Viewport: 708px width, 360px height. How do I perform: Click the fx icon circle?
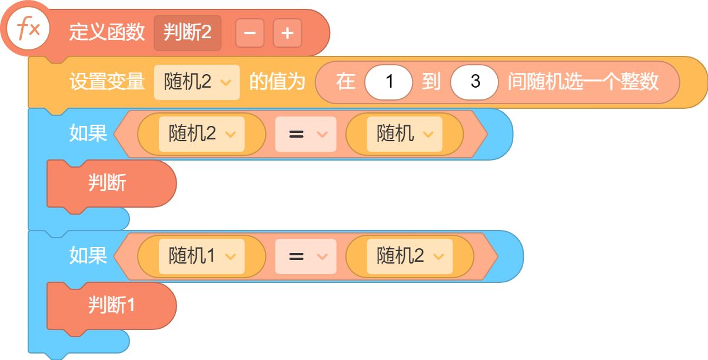[x=28, y=29]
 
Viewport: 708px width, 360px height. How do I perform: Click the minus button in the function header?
[x=250, y=33]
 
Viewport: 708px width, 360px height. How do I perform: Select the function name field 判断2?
[x=187, y=33]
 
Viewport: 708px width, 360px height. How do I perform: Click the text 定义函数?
[x=107, y=32]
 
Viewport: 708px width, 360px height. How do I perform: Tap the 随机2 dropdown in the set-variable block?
[x=197, y=82]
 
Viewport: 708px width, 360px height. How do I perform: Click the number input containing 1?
[x=388, y=82]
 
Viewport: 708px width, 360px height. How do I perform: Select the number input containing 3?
[x=474, y=82]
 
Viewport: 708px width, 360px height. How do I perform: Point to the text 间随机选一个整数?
[x=583, y=82]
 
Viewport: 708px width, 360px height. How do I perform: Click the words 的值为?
[x=277, y=82]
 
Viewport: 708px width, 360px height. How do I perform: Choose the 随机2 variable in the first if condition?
[x=202, y=134]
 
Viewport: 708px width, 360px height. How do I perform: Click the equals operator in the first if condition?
[x=305, y=134]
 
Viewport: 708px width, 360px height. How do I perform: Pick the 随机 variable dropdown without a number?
[x=404, y=134]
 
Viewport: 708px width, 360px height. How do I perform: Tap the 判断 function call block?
[x=111, y=184]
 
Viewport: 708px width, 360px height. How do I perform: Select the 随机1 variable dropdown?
[x=202, y=256]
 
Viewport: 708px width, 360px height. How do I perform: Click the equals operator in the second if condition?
[x=305, y=256]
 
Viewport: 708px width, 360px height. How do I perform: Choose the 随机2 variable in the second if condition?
[x=410, y=256]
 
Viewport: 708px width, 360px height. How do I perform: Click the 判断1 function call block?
[x=111, y=306]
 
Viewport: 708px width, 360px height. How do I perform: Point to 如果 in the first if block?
[x=88, y=134]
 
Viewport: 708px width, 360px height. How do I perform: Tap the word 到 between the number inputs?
[x=431, y=82]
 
